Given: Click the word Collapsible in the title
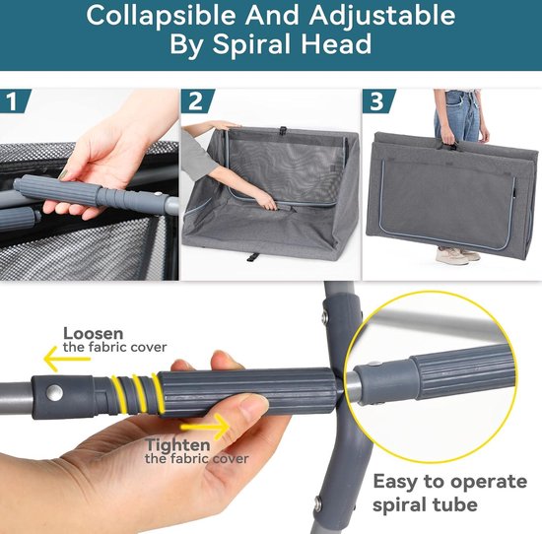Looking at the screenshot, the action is point(161,16).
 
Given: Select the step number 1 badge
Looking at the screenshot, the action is point(15,100).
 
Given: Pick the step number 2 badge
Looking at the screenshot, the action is point(197,100).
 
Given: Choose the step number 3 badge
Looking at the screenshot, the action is point(378,100).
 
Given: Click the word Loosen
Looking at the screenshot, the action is point(93,334).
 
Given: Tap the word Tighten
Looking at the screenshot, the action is point(177,444).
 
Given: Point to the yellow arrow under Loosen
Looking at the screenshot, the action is point(66,359).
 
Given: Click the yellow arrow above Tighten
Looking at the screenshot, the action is point(205,427).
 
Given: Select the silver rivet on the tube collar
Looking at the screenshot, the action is point(54,393).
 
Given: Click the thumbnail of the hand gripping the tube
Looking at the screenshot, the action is point(90,184).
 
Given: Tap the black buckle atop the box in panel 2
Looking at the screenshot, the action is point(284,130).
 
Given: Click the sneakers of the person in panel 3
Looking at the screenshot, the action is point(457,255).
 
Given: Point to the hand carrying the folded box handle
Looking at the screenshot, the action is point(449,138).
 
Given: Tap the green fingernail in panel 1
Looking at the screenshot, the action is point(63,175).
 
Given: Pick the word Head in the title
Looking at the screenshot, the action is point(336,44).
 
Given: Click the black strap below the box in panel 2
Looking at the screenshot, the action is point(252,257).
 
